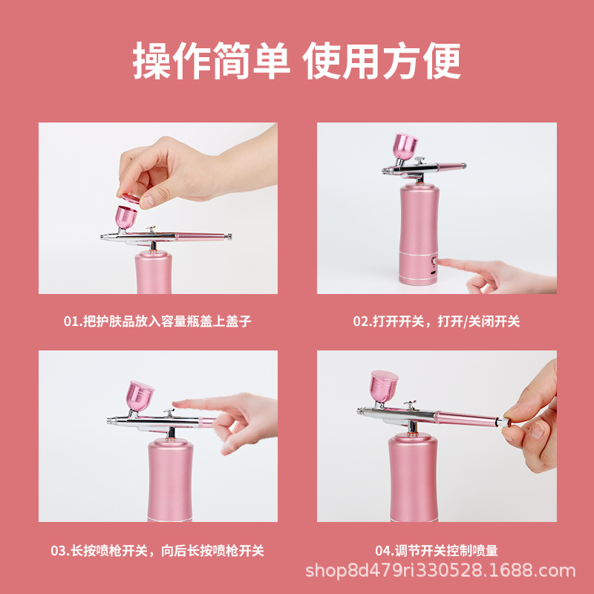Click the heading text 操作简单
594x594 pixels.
pos(211,61)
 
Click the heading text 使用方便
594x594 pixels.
pos(382,61)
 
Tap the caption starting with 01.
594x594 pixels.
pos(157,322)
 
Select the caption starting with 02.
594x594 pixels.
pos(437,322)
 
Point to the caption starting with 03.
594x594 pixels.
pos(157,550)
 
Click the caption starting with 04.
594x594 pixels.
pos(437,550)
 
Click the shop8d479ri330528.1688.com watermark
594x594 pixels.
pos(440,570)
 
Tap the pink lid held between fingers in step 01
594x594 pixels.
pos(131,198)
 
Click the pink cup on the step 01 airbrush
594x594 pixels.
pos(125,218)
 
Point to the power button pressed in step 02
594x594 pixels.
pos(434,261)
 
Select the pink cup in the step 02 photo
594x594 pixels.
pos(405,147)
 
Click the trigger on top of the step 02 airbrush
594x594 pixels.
pos(420,160)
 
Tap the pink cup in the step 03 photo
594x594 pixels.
pos(140,396)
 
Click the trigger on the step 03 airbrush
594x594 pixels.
pos(169,413)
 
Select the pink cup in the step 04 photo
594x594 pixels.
pos(384,386)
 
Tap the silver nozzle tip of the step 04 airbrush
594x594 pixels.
pos(361,411)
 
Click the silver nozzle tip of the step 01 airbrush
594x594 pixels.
pos(104,236)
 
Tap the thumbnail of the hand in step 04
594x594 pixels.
pos(537,430)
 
